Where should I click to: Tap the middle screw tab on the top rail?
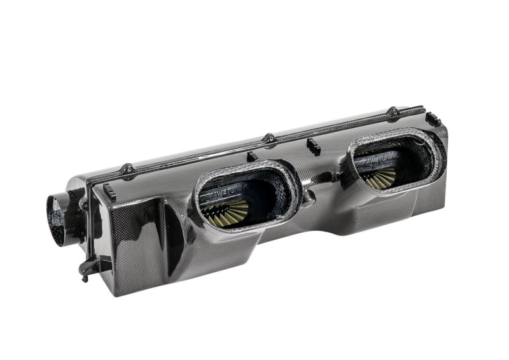[x=270, y=137]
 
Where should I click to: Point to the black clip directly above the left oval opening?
[x=252, y=156]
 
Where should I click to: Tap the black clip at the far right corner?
[x=433, y=119]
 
